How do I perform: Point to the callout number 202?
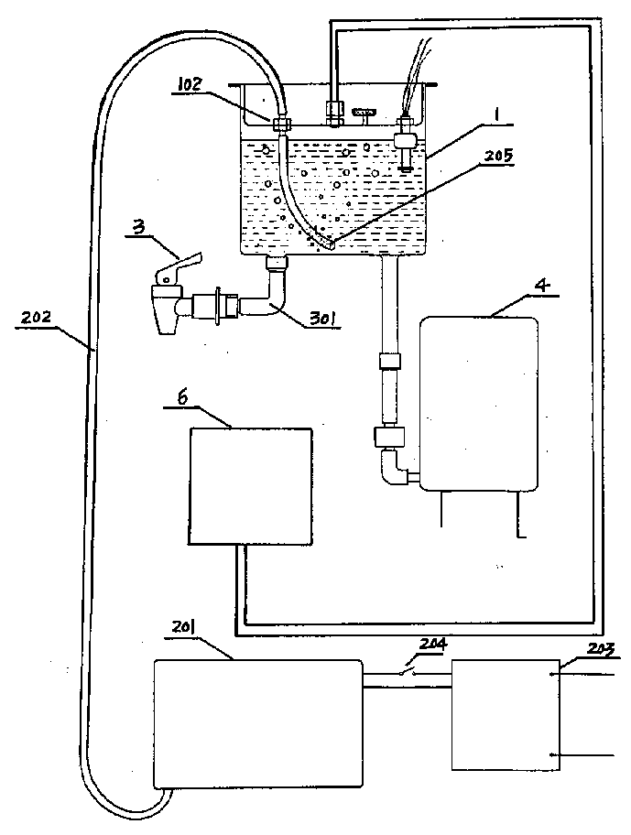click(36, 318)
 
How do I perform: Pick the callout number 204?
click(432, 645)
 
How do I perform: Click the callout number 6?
click(182, 398)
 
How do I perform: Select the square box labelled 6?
click(251, 486)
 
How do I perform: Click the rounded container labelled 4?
click(479, 404)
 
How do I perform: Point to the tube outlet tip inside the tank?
click(330, 245)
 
